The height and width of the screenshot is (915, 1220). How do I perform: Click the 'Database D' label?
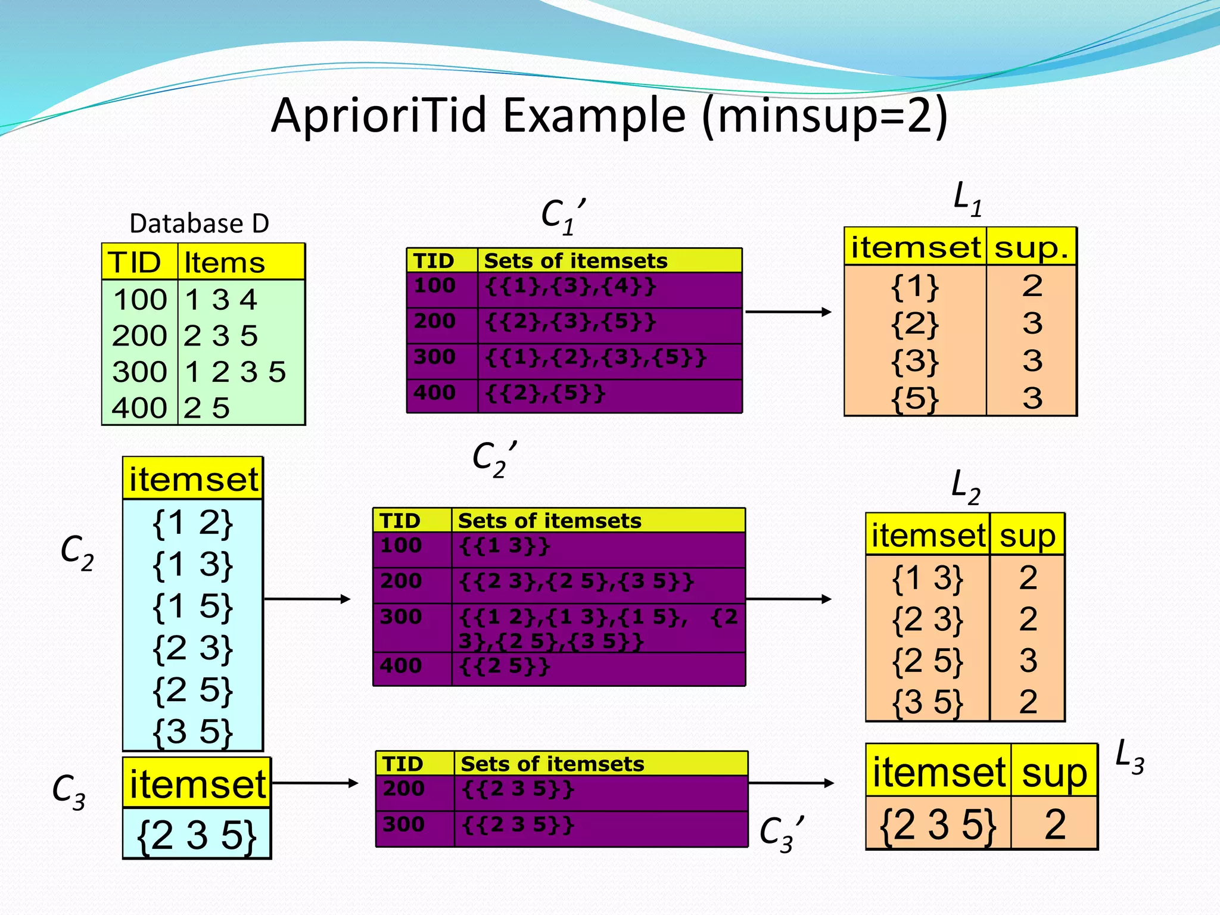click(x=199, y=223)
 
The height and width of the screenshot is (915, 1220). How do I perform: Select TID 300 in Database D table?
click(x=139, y=372)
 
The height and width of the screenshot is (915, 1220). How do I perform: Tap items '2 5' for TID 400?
click(x=206, y=408)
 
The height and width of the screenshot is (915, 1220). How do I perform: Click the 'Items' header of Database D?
click(x=224, y=263)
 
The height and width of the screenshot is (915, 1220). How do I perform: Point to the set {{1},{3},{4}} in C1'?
click(x=570, y=287)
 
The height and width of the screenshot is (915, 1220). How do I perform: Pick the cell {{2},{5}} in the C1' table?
click(x=545, y=393)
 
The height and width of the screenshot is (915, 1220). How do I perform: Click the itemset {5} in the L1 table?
click(x=914, y=398)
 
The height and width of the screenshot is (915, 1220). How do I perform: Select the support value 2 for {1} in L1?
click(x=1032, y=286)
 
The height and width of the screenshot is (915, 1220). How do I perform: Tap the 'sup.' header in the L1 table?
click(x=1031, y=247)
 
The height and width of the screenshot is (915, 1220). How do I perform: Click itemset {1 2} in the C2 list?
click(x=192, y=522)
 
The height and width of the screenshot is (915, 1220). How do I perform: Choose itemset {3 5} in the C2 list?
click(x=192, y=731)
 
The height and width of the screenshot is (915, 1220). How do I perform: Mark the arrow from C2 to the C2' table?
click(x=307, y=599)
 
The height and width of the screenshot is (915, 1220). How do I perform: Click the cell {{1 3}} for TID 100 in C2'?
click(x=505, y=546)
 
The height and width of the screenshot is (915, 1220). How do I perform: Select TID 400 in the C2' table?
click(x=401, y=665)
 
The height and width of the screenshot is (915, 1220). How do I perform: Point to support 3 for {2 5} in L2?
click(x=1028, y=660)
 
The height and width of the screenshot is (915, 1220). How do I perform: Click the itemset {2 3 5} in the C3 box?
click(x=196, y=835)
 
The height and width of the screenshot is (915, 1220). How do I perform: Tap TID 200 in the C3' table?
click(x=403, y=789)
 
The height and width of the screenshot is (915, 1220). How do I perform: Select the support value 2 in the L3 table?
click(x=1054, y=824)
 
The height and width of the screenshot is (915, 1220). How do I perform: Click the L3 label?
click(x=1129, y=756)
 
